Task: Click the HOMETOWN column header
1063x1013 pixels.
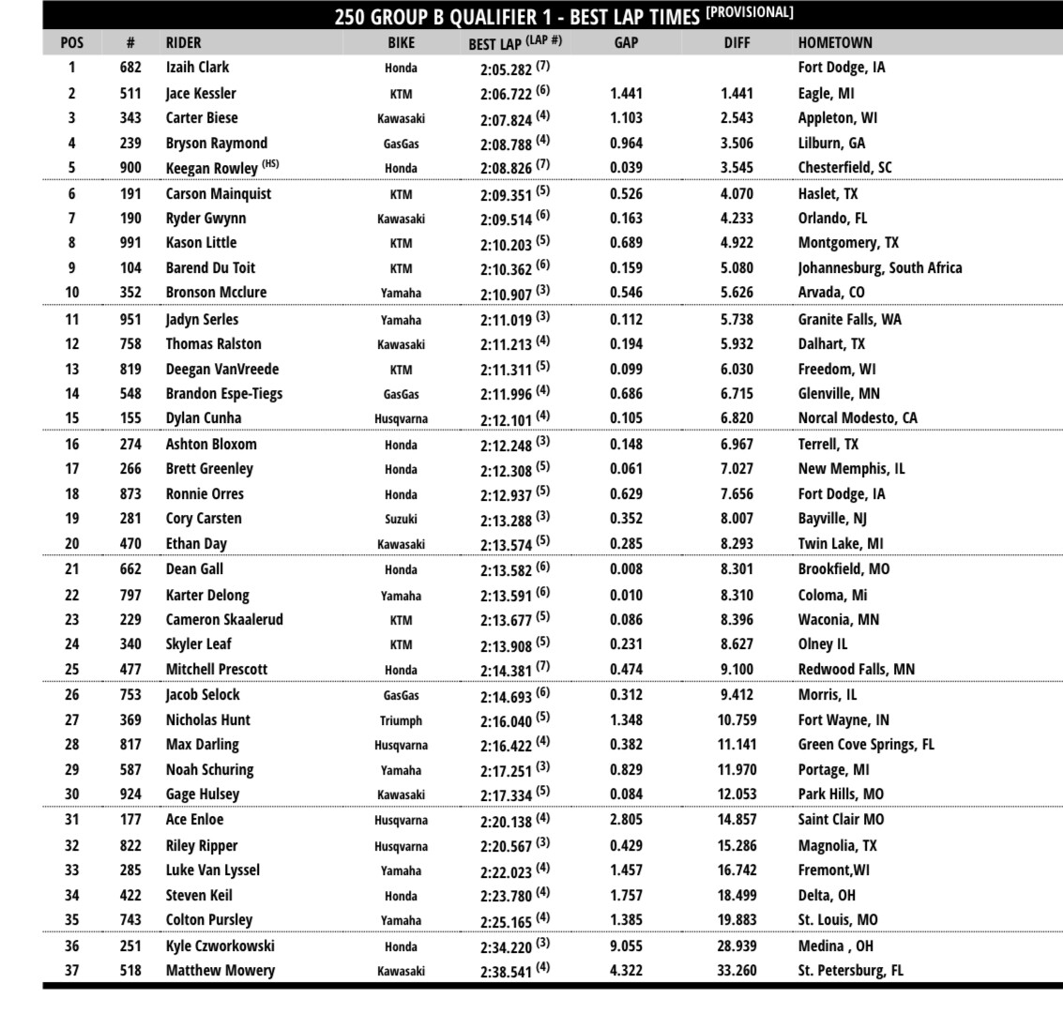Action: click(835, 42)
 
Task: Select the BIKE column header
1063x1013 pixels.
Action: click(401, 42)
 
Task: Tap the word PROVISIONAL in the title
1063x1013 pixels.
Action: click(750, 12)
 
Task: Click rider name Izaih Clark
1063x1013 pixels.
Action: click(197, 68)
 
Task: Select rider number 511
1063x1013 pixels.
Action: click(130, 93)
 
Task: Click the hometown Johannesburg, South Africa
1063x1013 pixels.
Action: click(879, 267)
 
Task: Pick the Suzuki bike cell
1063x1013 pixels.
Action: click(401, 519)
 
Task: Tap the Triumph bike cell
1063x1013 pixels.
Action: click(401, 720)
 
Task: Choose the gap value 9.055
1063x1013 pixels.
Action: click(626, 945)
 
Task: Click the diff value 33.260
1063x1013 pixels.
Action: click(737, 970)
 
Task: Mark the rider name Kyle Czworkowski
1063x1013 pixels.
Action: click(221, 945)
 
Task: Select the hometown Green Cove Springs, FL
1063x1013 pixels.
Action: click(866, 745)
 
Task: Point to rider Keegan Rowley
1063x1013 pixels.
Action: click(211, 168)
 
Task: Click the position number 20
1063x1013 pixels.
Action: click(71, 543)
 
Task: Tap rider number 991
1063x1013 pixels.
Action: click(130, 243)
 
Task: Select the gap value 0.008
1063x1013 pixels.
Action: click(626, 569)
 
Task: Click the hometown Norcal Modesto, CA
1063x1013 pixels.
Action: click(858, 417)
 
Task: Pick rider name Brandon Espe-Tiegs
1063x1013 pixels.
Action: click(223, 393)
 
